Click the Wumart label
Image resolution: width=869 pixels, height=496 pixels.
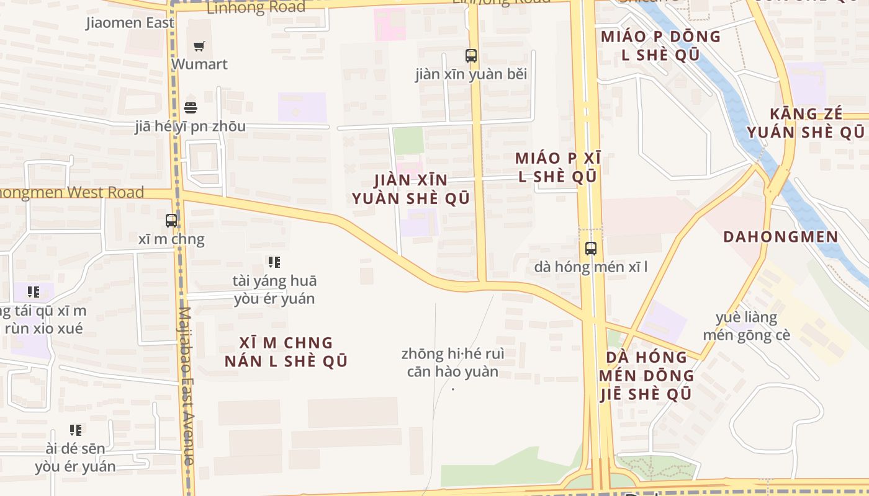pyautogui.click(x=199, y=64)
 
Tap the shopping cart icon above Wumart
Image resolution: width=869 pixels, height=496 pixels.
pyautogui.click(x=199, y=46)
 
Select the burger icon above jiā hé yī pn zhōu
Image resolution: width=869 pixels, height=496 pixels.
pyautogui.click(x=191, y=107)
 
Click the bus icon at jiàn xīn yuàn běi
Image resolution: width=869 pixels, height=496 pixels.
pyautogui.click(x=471, y=56)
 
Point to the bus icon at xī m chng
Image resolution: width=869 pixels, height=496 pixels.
pyautogui.click(x=171, y=220)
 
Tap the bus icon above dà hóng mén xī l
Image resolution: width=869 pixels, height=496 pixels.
pyautogui.click(x=591, y=249)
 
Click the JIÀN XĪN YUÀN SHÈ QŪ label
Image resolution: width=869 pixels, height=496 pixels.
pyautogui.click(x=410, y=189)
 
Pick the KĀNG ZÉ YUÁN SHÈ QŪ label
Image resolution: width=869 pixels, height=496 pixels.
pyautogui.click(x=805, y=123)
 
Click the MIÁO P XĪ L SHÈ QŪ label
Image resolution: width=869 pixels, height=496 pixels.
pyautogui.click(x=557, y=167)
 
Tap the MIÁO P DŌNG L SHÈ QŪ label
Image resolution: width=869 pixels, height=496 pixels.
pyautogui.click(x=660, y=45)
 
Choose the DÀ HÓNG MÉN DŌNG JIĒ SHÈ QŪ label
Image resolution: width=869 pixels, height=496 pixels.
pyautogui.click(x=646, y=375)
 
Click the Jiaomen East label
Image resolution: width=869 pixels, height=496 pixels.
pyautogui.click(x=130, y=23)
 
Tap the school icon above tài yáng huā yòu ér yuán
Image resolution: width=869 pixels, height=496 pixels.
pyautogui.click(x=274, y=262)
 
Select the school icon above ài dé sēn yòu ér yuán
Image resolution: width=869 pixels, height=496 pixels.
pyautogui.click(x=76, y=430)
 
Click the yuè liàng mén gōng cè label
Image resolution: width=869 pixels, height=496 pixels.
pyautogui.click(x=746, y=326)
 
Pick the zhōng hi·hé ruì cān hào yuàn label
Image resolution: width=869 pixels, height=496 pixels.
pyautogui.click(x=453, y=363)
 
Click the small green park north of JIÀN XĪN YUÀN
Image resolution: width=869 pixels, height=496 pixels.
pyautogui.click(x=408, y=141)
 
